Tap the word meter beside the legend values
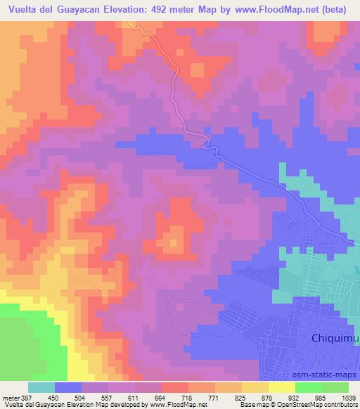(x=10, y=397)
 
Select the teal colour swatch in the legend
(x=41, y=387)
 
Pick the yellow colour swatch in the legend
(x=282, y=387)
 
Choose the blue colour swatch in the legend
(x=68, y=387)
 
